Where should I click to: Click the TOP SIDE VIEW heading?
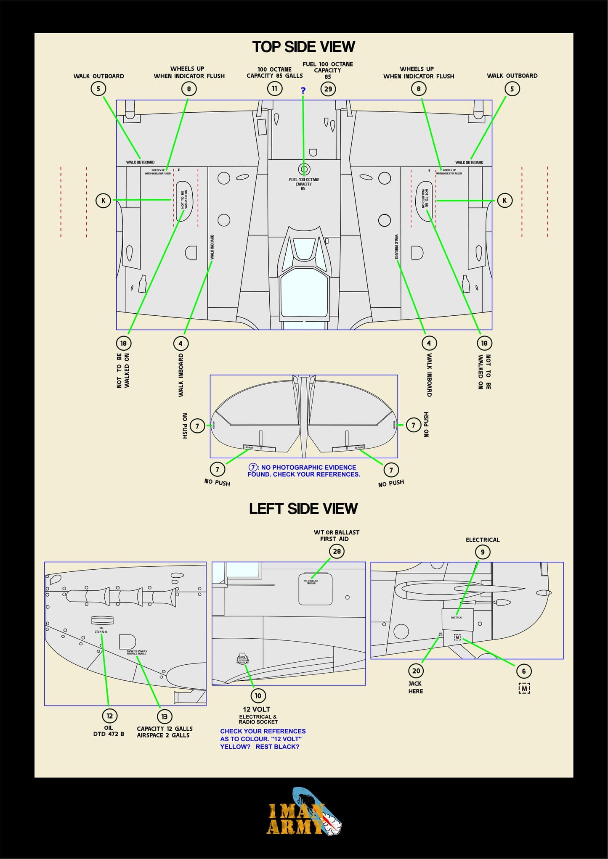(x=303, y=47)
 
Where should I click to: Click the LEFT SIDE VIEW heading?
(x=303, y=508)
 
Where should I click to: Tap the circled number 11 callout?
(x=274, y=89)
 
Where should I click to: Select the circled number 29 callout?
(x=328, y=89)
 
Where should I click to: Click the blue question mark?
(x=303, y=90)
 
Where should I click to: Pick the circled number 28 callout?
(x=337, y=551)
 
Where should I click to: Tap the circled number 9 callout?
(x=483, y=552)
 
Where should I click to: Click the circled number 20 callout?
(x=416, y=671)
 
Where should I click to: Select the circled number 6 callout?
(x=524, y=671)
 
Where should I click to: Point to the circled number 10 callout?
(x=258, y=696)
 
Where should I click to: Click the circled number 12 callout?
(x=109, y=716)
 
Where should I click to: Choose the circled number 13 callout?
(x=164, y=716)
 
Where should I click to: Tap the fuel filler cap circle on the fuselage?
(x=304, y=169)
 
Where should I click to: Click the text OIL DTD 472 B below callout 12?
(x=109, y=731)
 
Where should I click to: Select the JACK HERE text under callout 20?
(x=415, y=687)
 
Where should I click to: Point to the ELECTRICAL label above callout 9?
(x=483, y=540)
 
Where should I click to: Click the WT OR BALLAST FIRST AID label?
(x=336, y=535)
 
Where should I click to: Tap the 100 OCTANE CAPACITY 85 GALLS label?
(x=274, y=72)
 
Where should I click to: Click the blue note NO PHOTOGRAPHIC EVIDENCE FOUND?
(x=304, y=471)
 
